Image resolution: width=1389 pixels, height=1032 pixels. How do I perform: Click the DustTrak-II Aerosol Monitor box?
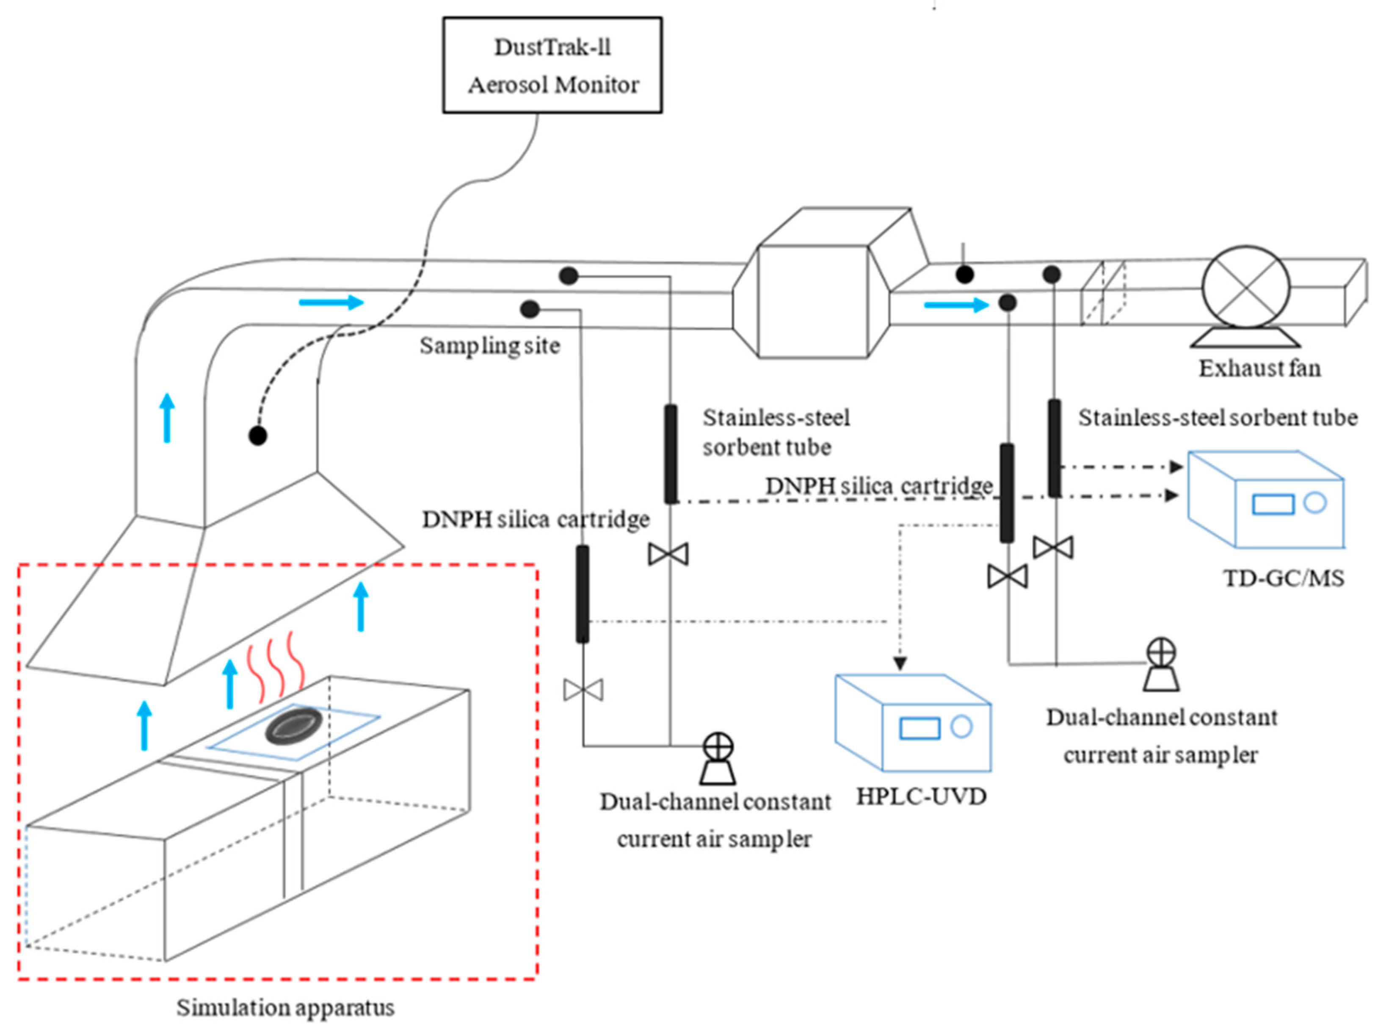point(552,65)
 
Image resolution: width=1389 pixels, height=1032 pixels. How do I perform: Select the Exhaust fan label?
point(1259,368)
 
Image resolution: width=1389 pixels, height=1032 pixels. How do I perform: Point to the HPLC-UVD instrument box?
point(913,722)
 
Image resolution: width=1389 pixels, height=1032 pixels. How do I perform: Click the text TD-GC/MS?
point(1284,578)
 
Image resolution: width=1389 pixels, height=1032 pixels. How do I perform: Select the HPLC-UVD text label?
point(921,796)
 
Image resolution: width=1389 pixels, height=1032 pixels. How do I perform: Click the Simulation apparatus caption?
point(285,1007)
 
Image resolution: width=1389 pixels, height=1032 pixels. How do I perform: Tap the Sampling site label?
point(489,345)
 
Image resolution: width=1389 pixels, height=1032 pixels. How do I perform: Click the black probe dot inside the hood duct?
point(258,436)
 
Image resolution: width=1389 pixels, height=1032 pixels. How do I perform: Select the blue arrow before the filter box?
point(331,302)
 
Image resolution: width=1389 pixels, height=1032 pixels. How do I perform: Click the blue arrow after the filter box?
point(956,305)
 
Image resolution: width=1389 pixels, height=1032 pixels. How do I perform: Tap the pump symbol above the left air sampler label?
point(717,758)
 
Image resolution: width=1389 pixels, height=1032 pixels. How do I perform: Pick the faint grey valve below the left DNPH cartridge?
point(583,690)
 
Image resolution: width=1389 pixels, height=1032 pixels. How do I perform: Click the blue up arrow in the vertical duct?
point(167,417)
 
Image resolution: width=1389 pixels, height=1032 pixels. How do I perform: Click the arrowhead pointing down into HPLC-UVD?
point(900,663)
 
